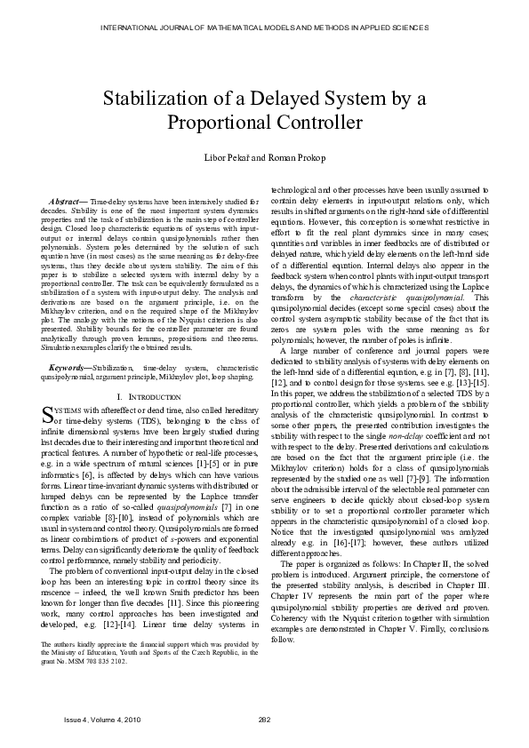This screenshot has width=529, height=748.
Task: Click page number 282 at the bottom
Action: (x=264, y=719)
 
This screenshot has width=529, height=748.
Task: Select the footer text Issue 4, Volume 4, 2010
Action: (x=90, y=719)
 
